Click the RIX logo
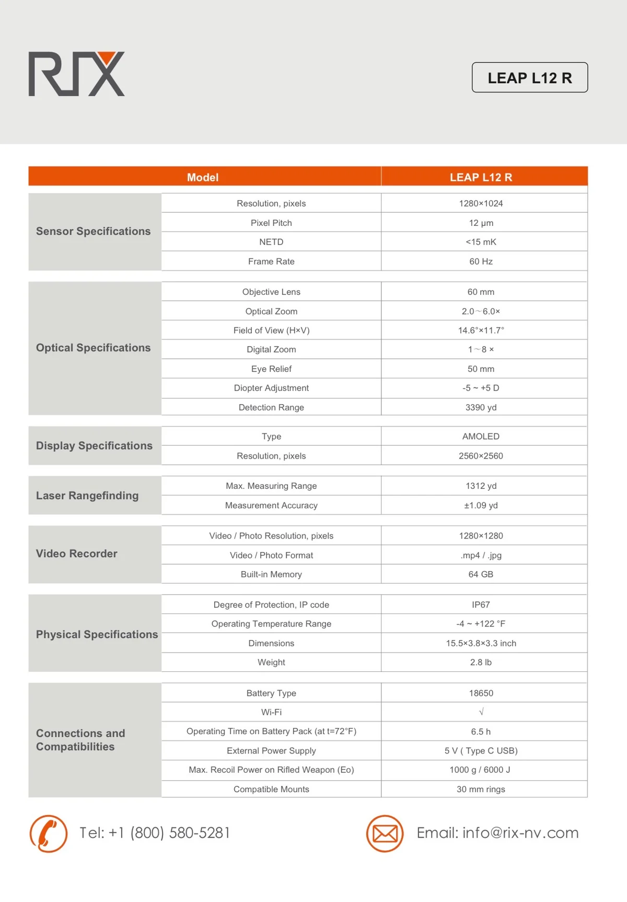point(76,74)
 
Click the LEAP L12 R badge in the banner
point(529,78)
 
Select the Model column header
point(203,177)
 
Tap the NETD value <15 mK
point(481,242)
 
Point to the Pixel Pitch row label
point(271,223)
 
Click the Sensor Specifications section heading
point(93,231)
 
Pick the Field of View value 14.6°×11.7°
point(481,330)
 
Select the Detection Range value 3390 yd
point(481,407)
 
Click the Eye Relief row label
point(271,369)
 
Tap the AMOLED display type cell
point(481,437)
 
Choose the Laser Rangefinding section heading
point(87,496)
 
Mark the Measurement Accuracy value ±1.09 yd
point(481,506)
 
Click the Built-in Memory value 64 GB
point(481,574)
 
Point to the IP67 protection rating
point(481,605)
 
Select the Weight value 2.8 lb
point(481,663)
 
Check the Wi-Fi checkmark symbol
point(481,712)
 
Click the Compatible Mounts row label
point(271,790)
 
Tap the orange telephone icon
point(49,834)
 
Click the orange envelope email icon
point(385,834)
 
